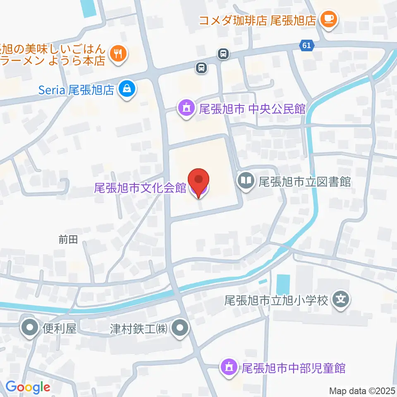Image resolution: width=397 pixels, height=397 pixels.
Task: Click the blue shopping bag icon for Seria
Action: coord(127,88)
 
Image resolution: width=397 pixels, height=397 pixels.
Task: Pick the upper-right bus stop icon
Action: coord(223,53)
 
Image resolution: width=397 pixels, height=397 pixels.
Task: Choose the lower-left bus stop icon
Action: coord(201,67)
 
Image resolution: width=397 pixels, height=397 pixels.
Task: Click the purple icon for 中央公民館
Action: coord(187,108)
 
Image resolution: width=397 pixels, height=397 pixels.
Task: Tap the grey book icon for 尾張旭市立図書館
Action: coord(246,181)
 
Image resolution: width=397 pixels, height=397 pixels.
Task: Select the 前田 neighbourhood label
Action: coord(68,240)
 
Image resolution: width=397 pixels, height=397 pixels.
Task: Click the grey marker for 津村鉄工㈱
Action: coord(179,329)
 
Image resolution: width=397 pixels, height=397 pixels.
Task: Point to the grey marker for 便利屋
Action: coord(30,329)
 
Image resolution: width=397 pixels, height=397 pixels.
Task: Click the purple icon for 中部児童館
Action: coord(228,367)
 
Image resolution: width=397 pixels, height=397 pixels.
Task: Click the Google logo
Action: coord(28,387)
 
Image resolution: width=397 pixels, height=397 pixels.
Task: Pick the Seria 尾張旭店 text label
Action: coord(77,89)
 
